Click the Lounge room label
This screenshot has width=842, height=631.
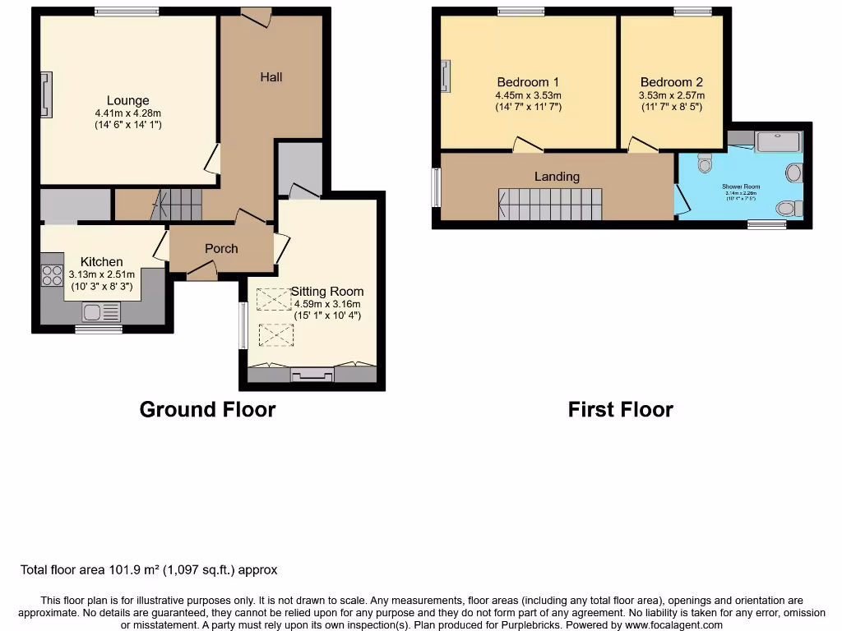tap(127, 101)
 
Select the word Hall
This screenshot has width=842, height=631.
tap(271, 77)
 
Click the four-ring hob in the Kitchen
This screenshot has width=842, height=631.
tap(53, 275)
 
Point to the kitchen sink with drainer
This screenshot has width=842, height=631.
tap(101, 312)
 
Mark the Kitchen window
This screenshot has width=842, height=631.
tap(99, 329)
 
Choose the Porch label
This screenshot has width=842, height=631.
tap(221, 248)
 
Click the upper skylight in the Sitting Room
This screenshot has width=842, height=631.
tap(274, 300)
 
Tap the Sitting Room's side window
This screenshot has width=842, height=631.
tap(243, 325)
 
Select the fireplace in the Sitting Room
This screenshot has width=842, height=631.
tap(312, 375)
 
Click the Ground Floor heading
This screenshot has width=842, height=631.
tap(207, 409)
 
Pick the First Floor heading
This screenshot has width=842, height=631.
tap(620, 409)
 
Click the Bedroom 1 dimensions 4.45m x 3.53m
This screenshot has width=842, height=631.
tap(528, 95)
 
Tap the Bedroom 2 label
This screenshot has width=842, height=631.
tap(671, 82)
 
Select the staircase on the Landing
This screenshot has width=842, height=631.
tap(550, 203)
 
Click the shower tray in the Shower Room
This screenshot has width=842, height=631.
tap(777, 142)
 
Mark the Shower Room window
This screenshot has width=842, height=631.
tap(766, 224)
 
